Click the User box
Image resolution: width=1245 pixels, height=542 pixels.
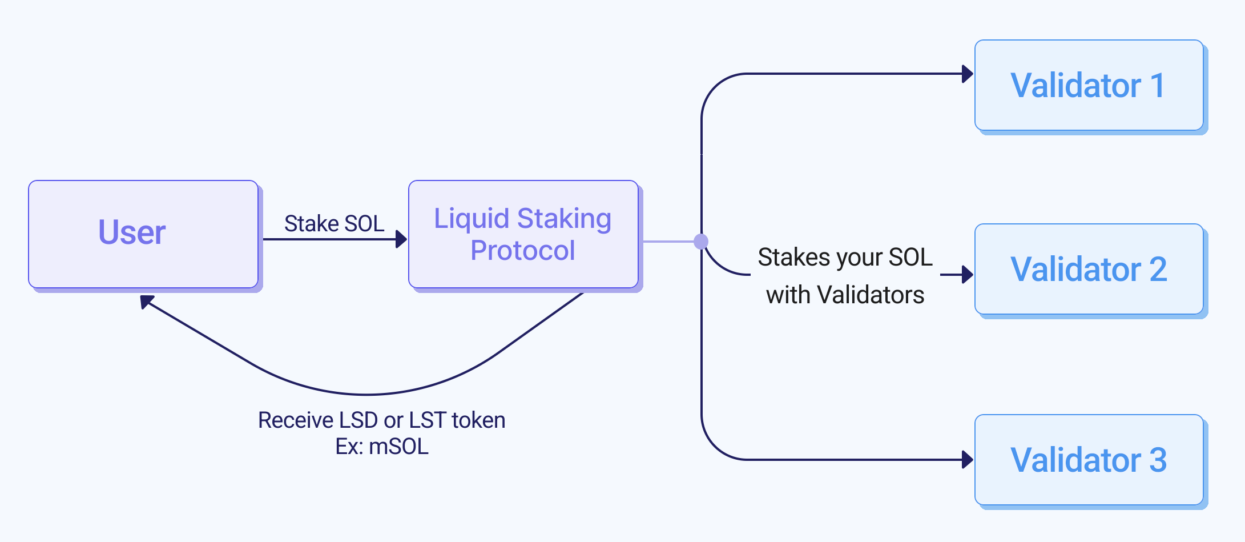pos(143,234)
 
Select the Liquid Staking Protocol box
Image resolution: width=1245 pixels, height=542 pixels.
pos(523,234)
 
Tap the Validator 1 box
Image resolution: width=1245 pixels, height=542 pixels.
pos(1089,85)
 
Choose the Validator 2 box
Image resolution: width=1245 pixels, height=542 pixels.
pos(1089,269)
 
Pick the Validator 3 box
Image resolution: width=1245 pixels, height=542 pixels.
pos(1089,460)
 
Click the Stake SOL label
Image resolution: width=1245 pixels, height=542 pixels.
pos(334,223)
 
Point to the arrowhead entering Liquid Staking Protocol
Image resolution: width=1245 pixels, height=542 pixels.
pos(401,239)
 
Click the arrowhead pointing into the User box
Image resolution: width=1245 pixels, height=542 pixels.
pos(146,301)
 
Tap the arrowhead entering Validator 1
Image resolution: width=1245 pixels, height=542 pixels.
pos(968,74)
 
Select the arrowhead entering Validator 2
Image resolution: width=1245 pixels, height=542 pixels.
pos(968,275)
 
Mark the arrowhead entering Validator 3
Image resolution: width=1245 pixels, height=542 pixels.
pos(968,459)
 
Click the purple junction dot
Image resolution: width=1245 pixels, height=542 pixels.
pos(701,242)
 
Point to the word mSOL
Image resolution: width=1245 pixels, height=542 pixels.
pos(398,447)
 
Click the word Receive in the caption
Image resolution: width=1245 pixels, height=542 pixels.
pos(295,420)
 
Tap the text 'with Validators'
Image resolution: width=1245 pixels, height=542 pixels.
pos(845,295)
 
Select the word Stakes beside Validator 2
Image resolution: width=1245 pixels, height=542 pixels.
pos(793,258)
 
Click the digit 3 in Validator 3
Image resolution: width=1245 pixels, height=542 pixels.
pos(1158,460)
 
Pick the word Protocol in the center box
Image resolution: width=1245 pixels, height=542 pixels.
pos(523,250)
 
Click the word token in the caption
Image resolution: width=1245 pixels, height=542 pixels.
pos(478,420)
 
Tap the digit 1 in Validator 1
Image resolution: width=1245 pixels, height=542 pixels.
pos(1158,85)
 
